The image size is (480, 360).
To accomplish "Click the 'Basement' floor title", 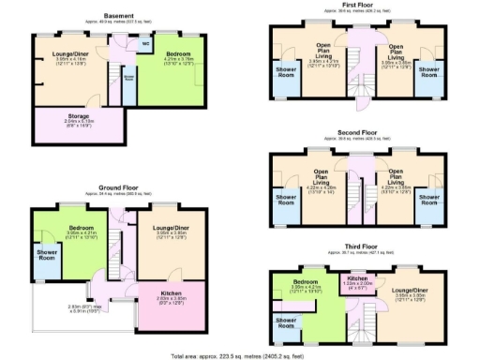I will pyautogui.click(x=118, y=15).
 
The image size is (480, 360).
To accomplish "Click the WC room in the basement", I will pyautogui.click(x=144, y=43).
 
